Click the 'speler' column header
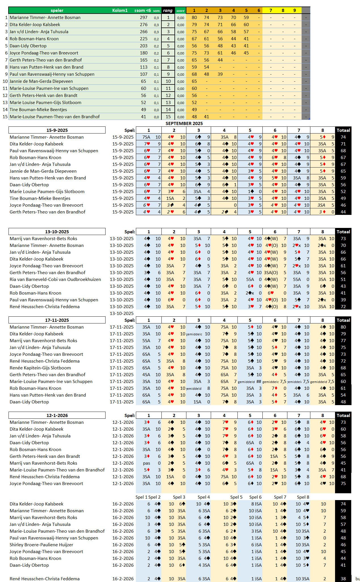[x=57, y=10]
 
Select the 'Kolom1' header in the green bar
[x=120, y=10]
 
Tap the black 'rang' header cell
[x=168, y=10]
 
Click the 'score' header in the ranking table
[x=180, y=11]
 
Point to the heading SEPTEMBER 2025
[x=184, y=123]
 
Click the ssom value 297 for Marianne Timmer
[x=144, y=18]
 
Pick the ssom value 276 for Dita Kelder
[x=144, y=25]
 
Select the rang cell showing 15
[x=168, y=117]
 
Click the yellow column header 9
[x=294, y=10]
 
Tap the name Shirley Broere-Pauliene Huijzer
[x=41, y=545]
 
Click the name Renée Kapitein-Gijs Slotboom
[x=40, y=368]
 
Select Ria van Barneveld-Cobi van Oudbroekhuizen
[x=55, y=279]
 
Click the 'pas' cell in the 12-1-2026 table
[x=146, y=463]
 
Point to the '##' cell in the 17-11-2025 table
[x=258, y=382]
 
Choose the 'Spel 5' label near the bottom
[x=236, y=497]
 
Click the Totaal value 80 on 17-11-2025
[x=343, y=327]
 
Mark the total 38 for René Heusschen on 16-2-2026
[x=343, y=579]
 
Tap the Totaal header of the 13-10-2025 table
[x=343, y=232]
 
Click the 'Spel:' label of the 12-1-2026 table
[x=130, y=415]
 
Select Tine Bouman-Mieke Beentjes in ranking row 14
[x=38, y=110]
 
